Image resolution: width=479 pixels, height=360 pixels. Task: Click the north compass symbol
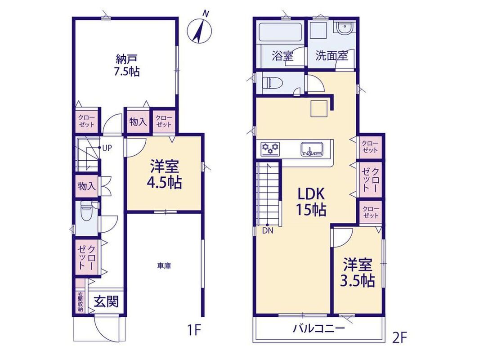click(x=200, y=29)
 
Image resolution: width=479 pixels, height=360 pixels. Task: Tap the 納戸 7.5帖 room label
click(x=126, y=65)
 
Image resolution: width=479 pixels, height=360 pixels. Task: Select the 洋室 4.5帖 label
click(x=164, y=175)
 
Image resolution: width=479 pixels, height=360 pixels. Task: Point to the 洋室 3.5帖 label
click(x=358, y=272)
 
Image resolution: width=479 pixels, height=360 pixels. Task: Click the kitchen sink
click(x=311, y=149)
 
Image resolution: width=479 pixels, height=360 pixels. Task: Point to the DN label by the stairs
click(x=268, y=231)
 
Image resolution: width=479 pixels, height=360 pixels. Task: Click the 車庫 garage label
click(x=164, y=266)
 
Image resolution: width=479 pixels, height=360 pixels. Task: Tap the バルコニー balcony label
click(x=319, y=329)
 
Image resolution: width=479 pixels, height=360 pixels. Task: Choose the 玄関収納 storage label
click(x=81, y=302)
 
